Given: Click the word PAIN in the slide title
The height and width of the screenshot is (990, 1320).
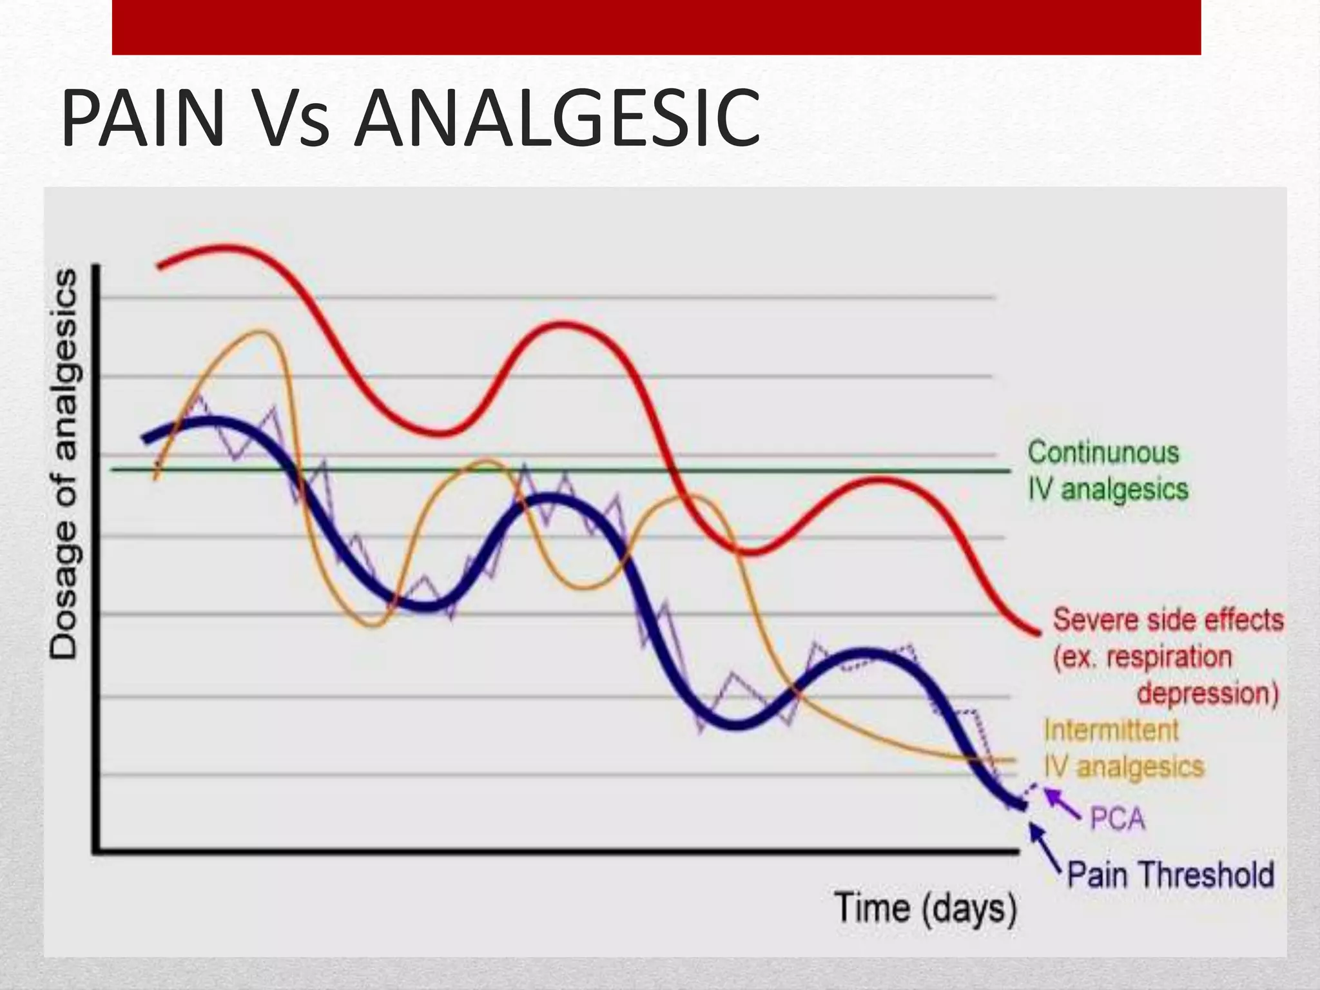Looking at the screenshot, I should pos(142,119).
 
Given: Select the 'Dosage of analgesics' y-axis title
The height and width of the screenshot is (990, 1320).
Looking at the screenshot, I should pos(64,464).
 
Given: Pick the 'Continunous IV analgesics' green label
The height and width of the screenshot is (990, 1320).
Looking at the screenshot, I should pos(1106,471).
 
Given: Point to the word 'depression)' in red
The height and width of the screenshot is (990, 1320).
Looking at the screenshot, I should pos(1207,694).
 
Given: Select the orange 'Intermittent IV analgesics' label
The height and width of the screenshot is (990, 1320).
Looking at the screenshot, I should pos(1123,749).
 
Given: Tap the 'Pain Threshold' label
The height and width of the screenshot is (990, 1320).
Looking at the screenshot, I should pos(1170,875).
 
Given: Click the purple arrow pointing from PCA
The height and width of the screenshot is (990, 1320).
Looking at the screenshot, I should pos(1061,803).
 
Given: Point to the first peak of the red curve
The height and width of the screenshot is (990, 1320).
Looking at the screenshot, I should pos(222,246).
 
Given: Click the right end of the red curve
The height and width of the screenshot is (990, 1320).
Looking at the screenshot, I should pos(1038,633).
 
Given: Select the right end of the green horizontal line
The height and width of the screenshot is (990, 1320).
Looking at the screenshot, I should pos(1009,471).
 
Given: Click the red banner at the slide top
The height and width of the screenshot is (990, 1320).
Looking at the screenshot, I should pos(656,27).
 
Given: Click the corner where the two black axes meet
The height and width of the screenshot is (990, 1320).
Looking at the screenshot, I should pos(97,853).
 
